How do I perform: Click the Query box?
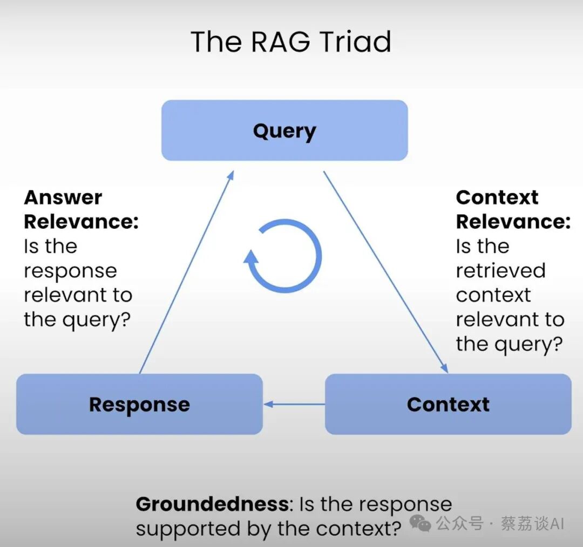coord(284,130)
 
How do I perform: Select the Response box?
coord(139,404)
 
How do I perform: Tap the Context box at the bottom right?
coord(448,404)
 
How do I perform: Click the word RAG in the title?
coord(281,42)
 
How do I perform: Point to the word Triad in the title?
coord(355,42)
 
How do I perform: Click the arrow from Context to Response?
coord(294,404)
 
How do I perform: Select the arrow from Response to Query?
coord(187,272)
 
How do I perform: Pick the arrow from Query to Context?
coord(385,272)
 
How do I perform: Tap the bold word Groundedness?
coord(212,504)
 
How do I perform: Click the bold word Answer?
coord(63,197)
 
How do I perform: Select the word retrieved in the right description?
coord(501,270)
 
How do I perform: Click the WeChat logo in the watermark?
coord(421,523)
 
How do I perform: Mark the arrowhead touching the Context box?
coord(444,367)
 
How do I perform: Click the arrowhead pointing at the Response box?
coord(268,404)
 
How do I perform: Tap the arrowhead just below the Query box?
coord(231,175)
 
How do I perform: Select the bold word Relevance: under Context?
coord(513,222)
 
